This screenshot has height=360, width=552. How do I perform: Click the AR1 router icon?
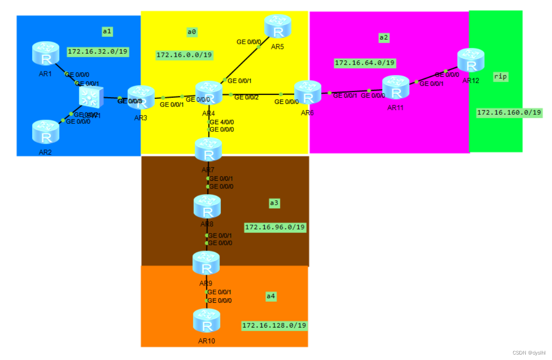tap(46, 53)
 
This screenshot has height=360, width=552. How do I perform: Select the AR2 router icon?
tap(46, 131)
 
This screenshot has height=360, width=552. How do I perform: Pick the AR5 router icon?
tap(278, 26)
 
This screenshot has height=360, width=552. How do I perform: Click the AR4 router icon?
tap(209, 93)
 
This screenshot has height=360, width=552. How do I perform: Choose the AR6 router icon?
tap(308, 92)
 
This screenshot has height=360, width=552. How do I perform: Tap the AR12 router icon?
tap(471, 60)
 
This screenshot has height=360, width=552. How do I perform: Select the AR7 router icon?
tap(208, 150)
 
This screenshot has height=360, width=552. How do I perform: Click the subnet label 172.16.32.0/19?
tap(98, 51)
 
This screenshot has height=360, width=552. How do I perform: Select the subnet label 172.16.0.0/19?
tap(184, 55)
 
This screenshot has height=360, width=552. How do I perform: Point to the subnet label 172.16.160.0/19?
tap(509, 112)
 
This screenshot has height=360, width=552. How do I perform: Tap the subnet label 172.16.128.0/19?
tap(274, 325)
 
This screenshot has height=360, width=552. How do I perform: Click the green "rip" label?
tap(500, 77)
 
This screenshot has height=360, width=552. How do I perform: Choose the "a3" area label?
tap(274, 203)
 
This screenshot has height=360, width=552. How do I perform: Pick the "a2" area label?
tap(384, 37)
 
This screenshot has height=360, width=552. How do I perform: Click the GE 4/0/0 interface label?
tap(221, 122)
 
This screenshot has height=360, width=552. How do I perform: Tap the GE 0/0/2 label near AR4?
tap(246, 98)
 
